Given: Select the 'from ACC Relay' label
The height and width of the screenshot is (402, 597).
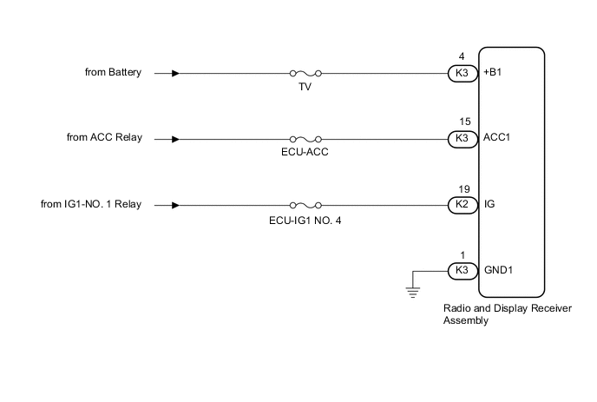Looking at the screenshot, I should click(x=104, y=138).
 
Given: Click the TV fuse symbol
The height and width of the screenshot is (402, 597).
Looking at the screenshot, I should click(x=306, y=74).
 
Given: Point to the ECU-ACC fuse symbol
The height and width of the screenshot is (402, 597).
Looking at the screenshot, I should click(x=306, y=139).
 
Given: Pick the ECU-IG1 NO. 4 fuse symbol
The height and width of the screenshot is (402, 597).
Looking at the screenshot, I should click(x=306, y=206).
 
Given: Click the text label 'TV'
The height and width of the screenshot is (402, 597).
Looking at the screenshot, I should click(x=306, y=88).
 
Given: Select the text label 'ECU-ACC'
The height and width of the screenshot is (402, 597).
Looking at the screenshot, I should click(x=306, y=153).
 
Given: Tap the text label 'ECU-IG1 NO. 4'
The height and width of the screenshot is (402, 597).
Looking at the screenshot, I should click(x=306, y=220).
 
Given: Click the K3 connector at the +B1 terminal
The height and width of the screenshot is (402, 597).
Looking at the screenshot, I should click(x=462, y=74).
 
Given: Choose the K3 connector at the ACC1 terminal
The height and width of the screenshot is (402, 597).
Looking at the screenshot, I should click(x=462, y=139).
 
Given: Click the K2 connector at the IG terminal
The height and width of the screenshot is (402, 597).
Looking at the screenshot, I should click(x=462, y=206).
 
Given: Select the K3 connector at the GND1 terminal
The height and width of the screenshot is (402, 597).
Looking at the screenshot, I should click(x=462, y=270).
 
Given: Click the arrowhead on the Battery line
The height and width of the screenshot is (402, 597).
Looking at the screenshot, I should click(x=176, y=74).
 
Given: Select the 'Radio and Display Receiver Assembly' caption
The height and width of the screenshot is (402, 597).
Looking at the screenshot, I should click(x=489, y=314).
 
